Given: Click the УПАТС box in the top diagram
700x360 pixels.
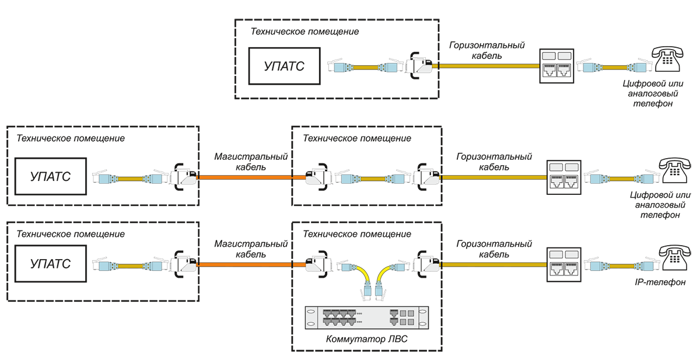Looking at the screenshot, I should pyautogui.click(x=284, y=67).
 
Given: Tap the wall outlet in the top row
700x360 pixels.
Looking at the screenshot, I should pyautogui.click(x=557, y=66).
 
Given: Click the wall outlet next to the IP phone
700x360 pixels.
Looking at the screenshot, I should pyautogui.click(x=565, y=264).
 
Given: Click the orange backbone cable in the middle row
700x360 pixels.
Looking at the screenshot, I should pyautogui.click(x=251, y=176).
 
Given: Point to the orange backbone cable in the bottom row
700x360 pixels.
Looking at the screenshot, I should pyautogui.click(x=251, y=265).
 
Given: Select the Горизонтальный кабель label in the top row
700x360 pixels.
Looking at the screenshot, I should pyautogui.click(x=487, y=50).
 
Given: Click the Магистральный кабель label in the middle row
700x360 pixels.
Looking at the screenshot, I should pyautogui.click(x=251, y=162).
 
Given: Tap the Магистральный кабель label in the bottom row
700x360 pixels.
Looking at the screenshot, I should pyautogui.click(x=251, y=249).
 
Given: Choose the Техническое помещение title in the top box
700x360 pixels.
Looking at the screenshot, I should pyautogui.click(x=304, y=32).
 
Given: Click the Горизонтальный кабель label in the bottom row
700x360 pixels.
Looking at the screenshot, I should pyautogui.click(x=494, y=249).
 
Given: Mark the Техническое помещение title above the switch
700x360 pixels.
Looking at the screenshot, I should pyautogui.click(x=356, y=234).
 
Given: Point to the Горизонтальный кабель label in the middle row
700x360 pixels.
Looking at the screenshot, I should pyautogui.click(x=494, y=162).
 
